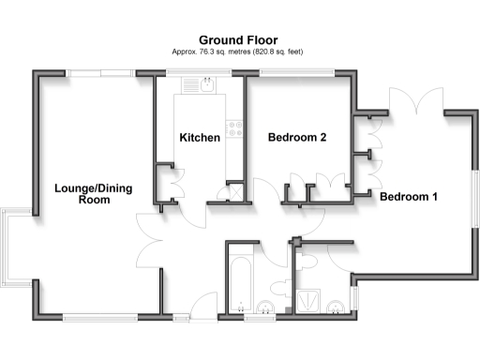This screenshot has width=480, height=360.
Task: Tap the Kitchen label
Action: [x=200, y=138]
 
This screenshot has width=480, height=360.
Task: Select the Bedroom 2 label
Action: [x=297, y=138]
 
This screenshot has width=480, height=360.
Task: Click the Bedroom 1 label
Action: [x=408, y=197]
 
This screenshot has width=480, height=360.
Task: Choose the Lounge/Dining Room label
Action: [x=93, y=194]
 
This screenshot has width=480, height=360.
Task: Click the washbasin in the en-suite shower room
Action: [x=335, y=306]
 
